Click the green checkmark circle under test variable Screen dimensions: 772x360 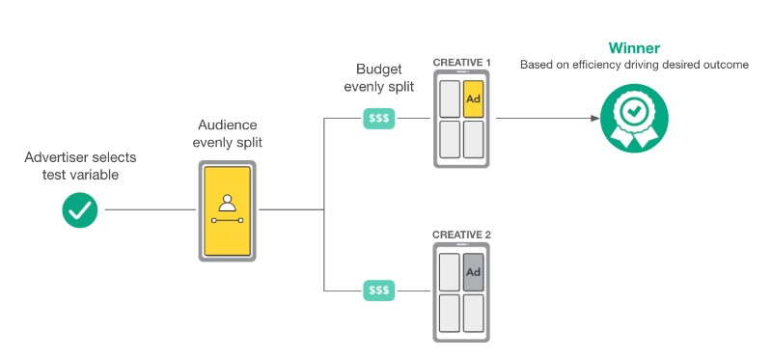(80, 209)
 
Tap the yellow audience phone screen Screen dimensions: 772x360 (227, 210)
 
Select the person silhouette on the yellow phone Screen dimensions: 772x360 (227, 203)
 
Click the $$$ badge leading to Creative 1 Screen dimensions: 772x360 (378, 118)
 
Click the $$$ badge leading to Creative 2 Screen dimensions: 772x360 (378, 291)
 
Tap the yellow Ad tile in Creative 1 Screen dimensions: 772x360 (473, 99)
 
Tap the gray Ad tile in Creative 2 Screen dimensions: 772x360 (473, 272)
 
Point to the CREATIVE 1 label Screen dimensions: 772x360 (462, 63)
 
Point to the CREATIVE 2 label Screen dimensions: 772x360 (462, 235)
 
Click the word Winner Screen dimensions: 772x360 (634, 47)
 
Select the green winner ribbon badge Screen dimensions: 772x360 (634, 118)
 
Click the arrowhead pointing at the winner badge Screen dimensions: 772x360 (594, 118)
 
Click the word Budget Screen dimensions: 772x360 (379, 69)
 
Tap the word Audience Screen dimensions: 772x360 (228, 125)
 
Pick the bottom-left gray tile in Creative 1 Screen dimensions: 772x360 (450, 139)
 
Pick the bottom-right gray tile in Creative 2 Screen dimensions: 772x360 (473, 313)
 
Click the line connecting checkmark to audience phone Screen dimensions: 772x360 (151, 209)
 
